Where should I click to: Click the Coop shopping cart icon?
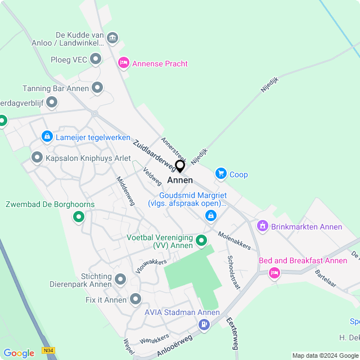(x=220, y=174)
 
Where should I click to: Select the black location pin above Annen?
(x=180, y=166)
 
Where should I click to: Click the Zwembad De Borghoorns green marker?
(x=79, y=217)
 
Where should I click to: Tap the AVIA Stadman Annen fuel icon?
(x=204, y=325)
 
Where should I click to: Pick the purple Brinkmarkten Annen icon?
(x=262, y=226)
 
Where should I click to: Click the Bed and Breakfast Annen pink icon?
(x=274, y=273)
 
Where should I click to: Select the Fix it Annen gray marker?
(x=136, y=299)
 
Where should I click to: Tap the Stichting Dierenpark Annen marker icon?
(x=120, y=279)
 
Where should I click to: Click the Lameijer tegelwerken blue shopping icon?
(x=47, y=136)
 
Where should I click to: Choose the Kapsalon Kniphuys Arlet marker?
(x=37, y=157)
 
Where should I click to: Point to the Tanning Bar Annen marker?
(x=97, y=88)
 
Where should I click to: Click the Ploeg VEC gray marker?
(x=96, y=58)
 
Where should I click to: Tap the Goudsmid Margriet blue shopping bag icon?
(x=211, y=215)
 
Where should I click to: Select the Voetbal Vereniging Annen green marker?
(x=201, y=241)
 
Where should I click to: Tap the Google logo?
(x=19, y=353)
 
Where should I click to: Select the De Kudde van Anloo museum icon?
(x=112, y=38)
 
